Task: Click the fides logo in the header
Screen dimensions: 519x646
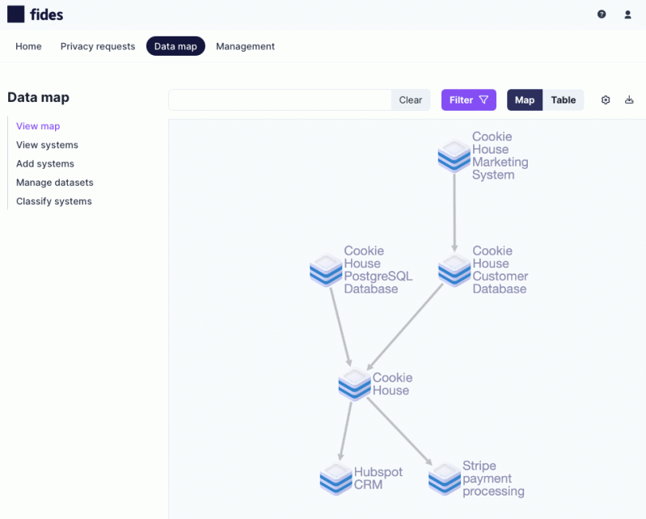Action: [35, 15]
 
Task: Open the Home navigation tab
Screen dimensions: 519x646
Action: [28, 46]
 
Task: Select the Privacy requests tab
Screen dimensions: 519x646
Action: [98, 46]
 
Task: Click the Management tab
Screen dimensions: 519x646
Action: [245, 46]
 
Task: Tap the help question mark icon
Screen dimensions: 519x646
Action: [602, 15]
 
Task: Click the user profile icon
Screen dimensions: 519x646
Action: [627, 15]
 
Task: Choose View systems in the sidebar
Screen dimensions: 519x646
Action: [47, 145]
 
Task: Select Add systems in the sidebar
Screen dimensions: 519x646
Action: [45, 163]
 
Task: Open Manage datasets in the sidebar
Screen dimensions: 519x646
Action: [54, 183]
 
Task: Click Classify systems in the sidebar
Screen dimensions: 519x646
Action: [54, 201]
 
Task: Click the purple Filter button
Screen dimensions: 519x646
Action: [468, 100]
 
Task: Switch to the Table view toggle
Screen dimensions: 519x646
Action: [564, 100]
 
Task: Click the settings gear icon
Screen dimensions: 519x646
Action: [606, 100]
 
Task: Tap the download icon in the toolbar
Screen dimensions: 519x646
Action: [629, 100]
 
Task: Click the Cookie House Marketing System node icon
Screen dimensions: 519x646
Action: [454, 155]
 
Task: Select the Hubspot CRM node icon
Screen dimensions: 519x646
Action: [336, 479]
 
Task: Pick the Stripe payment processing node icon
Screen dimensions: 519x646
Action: [445, 479]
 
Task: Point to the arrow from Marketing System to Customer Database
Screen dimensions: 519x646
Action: [454, 212]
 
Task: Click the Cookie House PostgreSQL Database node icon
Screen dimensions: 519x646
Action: [326, 270]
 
